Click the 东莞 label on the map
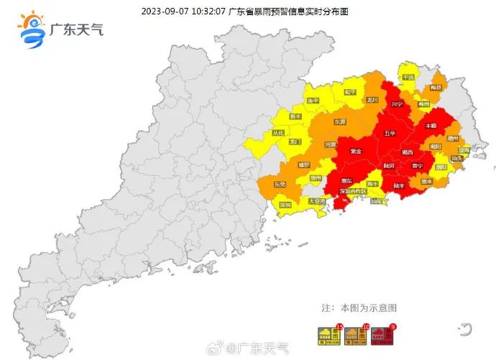click(x=280, y=184)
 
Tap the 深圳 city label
click(x=285, y=205)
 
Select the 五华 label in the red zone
click(x=390, y=134)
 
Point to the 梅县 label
click(x=435, y=88)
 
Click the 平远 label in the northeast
click(x=408, y=77)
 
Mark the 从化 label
click(x=278, y=133)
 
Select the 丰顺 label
click(x=431, y=126)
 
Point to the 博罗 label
click(x=303, y=165)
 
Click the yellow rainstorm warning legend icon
click(x=327, y=333)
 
